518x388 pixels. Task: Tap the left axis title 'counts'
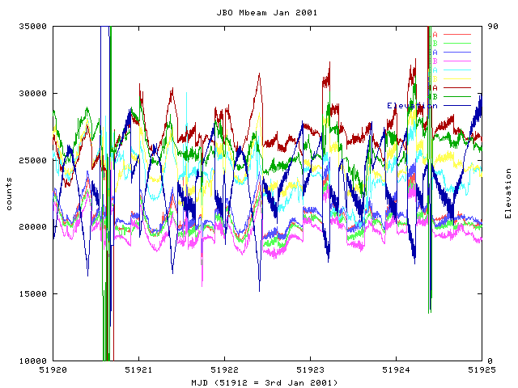point(9,194)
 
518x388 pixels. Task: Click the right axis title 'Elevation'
point(508,193)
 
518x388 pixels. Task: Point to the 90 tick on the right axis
point(489,27)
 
